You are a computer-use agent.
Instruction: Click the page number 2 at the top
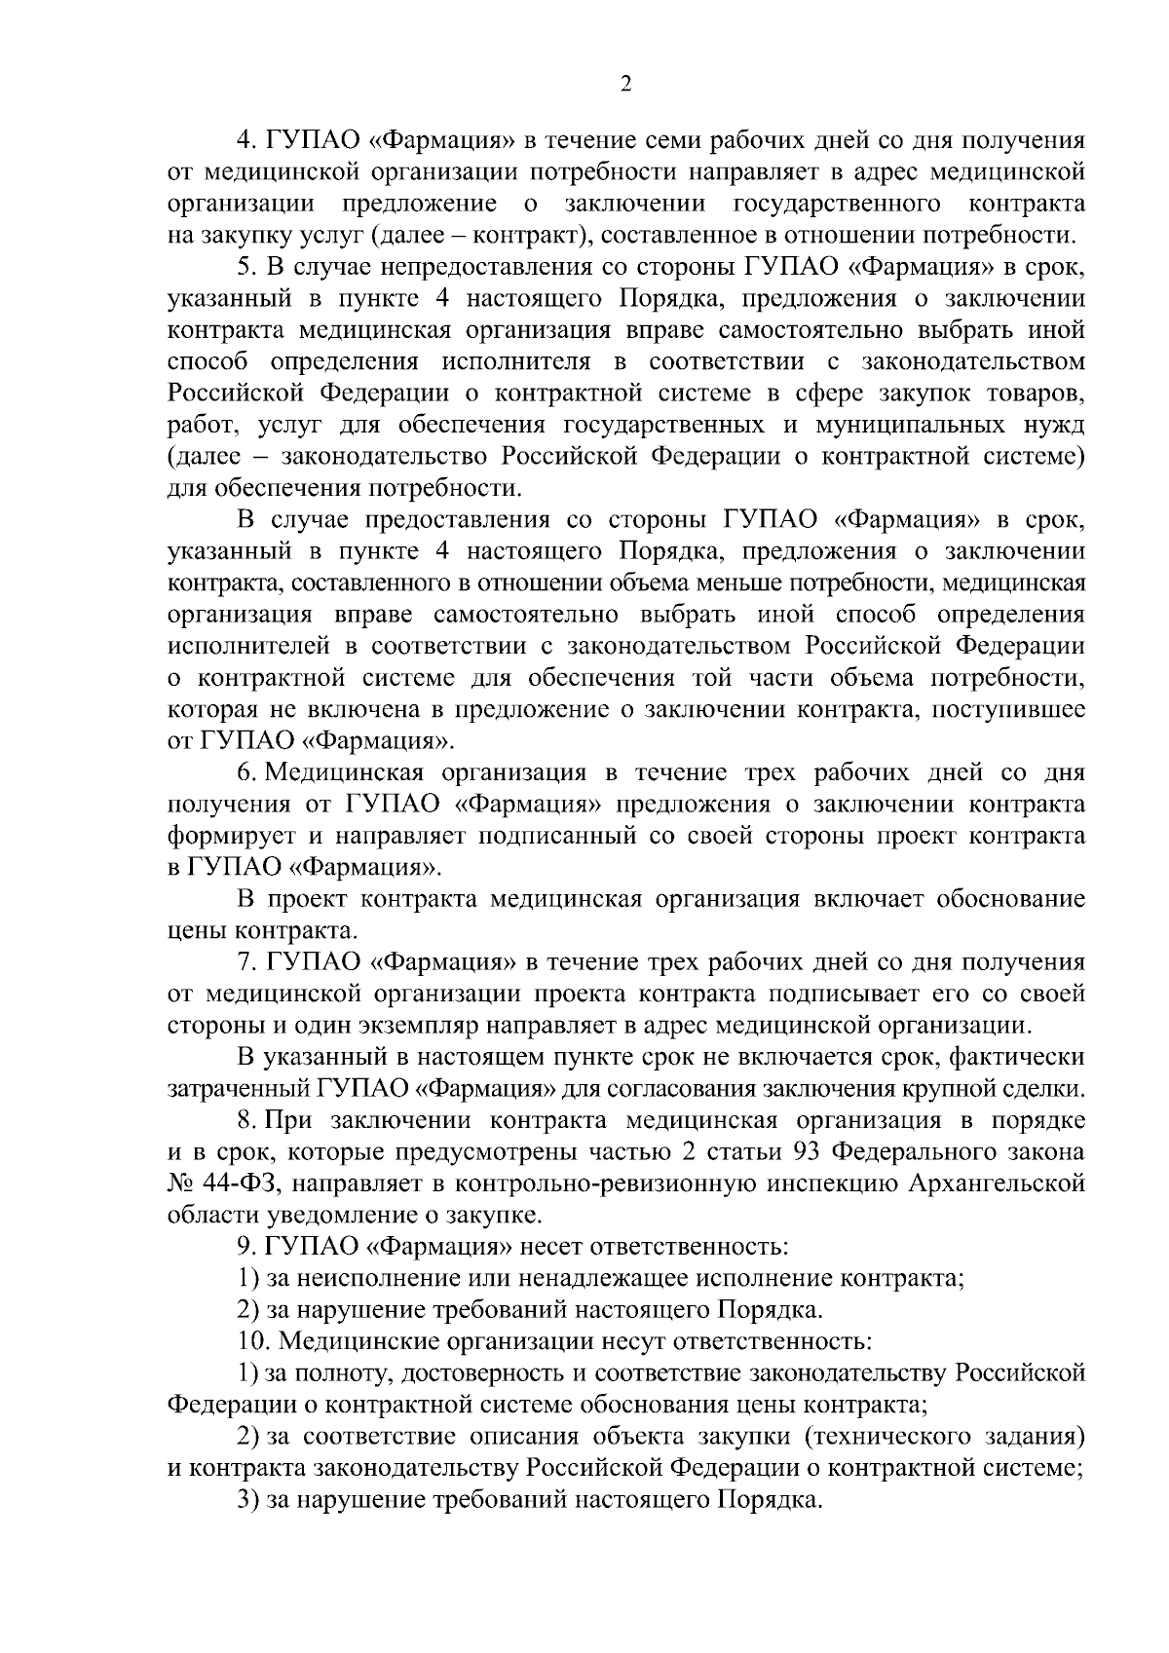click(625, 85)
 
